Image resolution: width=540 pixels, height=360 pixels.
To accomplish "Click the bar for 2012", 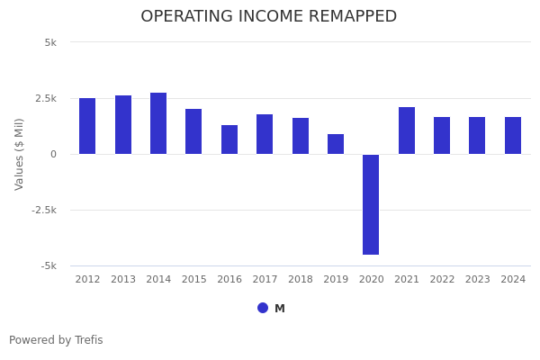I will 87,126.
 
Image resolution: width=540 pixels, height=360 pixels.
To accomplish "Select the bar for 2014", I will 158,123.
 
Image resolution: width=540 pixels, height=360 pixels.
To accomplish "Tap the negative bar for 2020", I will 371,204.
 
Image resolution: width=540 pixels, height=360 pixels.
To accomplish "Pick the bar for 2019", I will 336,144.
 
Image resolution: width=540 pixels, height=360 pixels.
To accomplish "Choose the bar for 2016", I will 229,139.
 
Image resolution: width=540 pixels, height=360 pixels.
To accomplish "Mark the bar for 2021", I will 407,130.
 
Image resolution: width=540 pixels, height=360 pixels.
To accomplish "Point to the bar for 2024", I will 513,135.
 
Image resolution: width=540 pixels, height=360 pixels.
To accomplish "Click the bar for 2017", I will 265,134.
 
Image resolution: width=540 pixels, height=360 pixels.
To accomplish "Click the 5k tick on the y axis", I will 49,42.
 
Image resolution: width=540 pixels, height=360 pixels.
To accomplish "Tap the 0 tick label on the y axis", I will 53,154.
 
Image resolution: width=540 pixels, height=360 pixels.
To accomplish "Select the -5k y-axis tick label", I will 48,265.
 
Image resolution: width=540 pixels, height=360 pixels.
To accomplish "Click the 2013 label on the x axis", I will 123,280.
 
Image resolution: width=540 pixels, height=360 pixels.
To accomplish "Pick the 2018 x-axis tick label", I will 301,280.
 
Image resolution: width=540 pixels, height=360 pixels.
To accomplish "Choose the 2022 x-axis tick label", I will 442,280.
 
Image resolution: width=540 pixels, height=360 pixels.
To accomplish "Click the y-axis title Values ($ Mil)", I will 20,154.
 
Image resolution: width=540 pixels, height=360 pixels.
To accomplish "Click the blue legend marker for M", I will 263,308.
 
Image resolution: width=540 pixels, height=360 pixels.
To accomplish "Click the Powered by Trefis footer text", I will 56,340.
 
